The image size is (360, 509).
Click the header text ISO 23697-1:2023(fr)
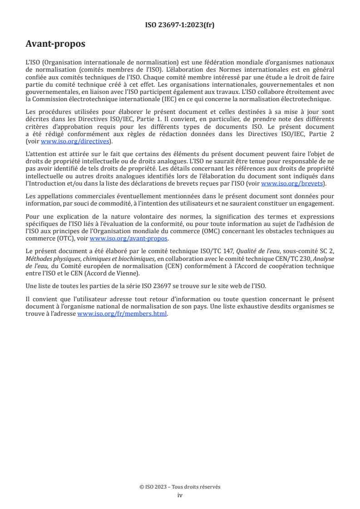click(x=180, y=25)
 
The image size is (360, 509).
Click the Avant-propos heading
click(x=55, y=44)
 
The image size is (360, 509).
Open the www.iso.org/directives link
click(x=76, y=142)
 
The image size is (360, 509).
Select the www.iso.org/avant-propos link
click(x=128, y=239)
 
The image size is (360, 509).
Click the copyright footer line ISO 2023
click(x=180, y=487)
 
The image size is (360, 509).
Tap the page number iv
click(x=180, y=495)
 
